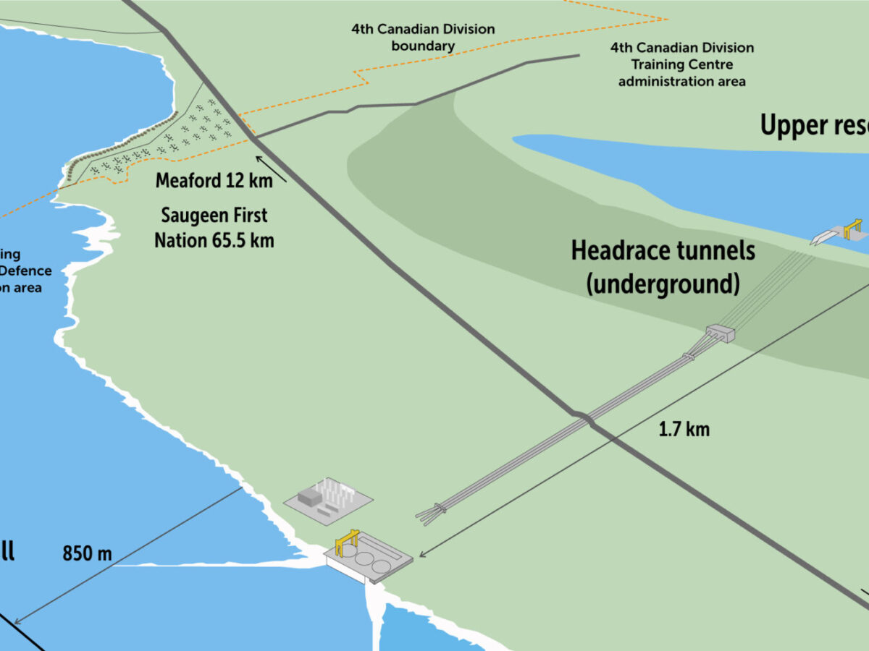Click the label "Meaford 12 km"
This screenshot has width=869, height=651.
(214, 180)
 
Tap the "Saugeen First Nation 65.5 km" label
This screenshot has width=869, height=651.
(214, 227)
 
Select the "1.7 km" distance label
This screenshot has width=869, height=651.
(684, 429)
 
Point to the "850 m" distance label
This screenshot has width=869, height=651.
(87, 553)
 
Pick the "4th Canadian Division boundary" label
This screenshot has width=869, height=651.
(423, 38)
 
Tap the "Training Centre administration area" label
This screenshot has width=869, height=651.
(681, 65)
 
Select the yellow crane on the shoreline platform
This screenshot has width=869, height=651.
(346, 541)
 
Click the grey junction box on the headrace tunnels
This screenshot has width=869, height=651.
(721, 333)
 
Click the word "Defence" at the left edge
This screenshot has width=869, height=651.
(26, 271)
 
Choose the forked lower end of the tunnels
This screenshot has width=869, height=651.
(429, 513)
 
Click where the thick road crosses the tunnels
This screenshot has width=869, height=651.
(585, 418)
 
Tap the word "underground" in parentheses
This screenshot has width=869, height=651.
(663, 284)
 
